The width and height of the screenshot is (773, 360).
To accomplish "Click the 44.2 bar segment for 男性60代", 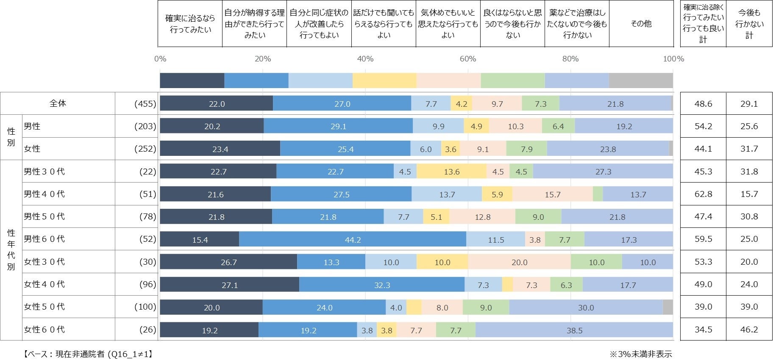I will [x=353, y=239].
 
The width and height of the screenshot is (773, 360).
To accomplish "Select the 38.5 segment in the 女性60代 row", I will [x=574, y=330].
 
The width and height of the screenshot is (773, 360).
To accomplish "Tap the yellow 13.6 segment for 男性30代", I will [x=451, y=172].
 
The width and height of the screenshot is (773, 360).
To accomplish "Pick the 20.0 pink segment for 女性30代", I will [x=519, y=262].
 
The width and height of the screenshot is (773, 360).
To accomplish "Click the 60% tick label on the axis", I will [x=467, y=59].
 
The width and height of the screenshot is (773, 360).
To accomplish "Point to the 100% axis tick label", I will [x=673, y=59].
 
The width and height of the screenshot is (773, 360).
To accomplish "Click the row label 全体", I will [x=58, y=103].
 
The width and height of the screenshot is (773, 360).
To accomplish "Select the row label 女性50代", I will [x=44, y=307].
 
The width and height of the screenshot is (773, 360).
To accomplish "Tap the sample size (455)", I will [x=145, y=104].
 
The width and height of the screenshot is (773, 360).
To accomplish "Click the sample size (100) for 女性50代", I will [x=145, y=307].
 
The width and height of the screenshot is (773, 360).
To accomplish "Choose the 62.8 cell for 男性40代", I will [x=703, y=194].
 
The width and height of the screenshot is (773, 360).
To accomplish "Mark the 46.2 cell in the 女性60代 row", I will [x=749, y=330].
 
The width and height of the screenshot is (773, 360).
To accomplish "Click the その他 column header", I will [x=641, y=24].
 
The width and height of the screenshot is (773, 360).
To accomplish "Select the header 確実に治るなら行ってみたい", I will [x=190, y=24].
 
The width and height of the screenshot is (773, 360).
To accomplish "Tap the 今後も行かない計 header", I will [x=749, y=24].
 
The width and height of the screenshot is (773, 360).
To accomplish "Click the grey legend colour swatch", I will [x=641, y=80].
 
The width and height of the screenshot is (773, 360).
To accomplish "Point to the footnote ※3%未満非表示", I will [x=640, y=354].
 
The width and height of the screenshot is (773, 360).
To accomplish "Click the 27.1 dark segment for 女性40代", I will [x=229, y=285].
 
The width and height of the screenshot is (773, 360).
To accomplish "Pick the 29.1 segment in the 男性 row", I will [x=338, y=126].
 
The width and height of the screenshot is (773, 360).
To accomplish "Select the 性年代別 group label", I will [x=11, y=250].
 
